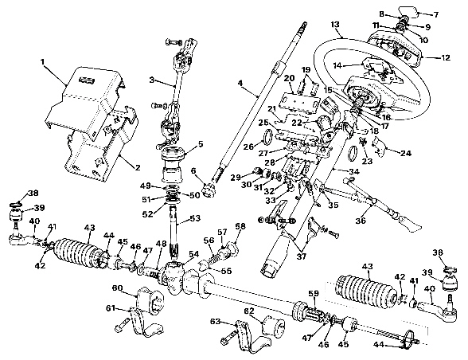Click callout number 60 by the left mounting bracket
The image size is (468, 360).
118,287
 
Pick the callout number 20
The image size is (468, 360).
289,76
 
